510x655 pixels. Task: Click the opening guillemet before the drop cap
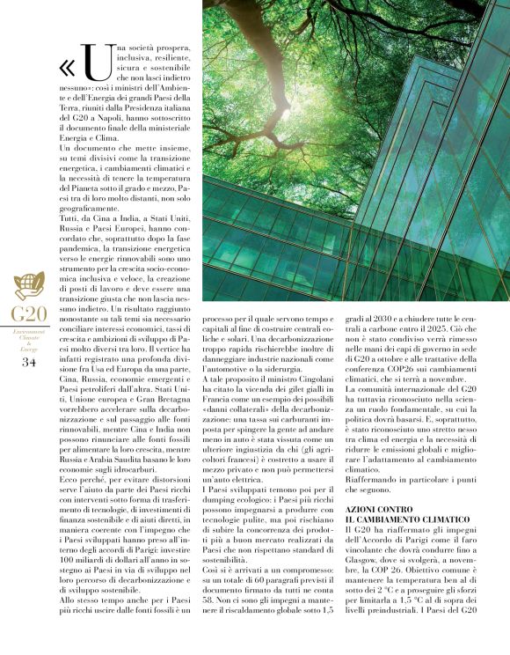coord(69,67)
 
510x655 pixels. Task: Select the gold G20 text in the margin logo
coord(29,313)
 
